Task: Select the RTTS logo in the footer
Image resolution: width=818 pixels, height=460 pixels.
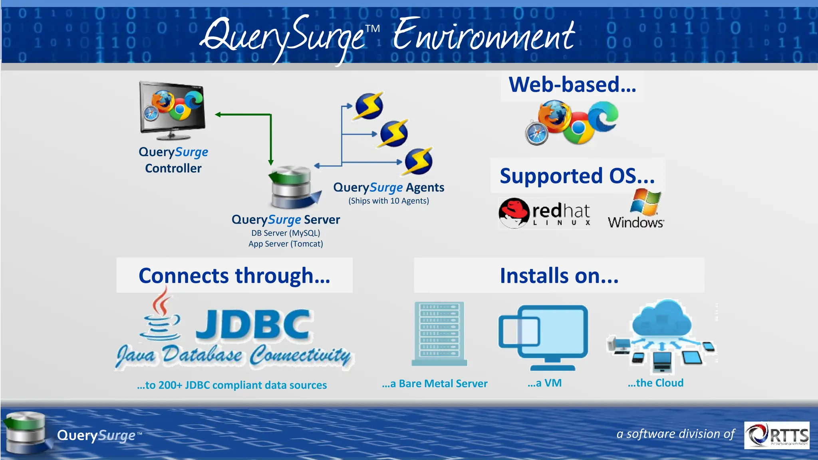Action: [777, 435]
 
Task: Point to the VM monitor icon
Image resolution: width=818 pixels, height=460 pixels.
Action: [543, 338]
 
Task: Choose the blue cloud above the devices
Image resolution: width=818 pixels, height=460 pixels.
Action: [662, 318]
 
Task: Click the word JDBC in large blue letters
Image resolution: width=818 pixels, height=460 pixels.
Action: [253, 324]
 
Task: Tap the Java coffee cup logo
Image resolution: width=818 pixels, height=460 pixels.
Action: [160, 316]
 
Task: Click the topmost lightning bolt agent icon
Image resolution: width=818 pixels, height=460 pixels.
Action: [369, 106]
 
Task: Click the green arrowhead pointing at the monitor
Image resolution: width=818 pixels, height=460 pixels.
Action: [218, 115]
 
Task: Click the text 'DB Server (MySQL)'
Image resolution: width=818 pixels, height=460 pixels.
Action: [286, 233]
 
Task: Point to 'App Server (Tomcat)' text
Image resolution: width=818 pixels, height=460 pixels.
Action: [286, 244]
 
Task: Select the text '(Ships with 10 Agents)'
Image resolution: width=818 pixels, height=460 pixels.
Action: [389, 200]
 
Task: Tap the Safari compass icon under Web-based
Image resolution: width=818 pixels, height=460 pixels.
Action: [536, 133]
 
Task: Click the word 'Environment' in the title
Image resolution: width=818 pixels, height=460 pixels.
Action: [484, 35]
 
